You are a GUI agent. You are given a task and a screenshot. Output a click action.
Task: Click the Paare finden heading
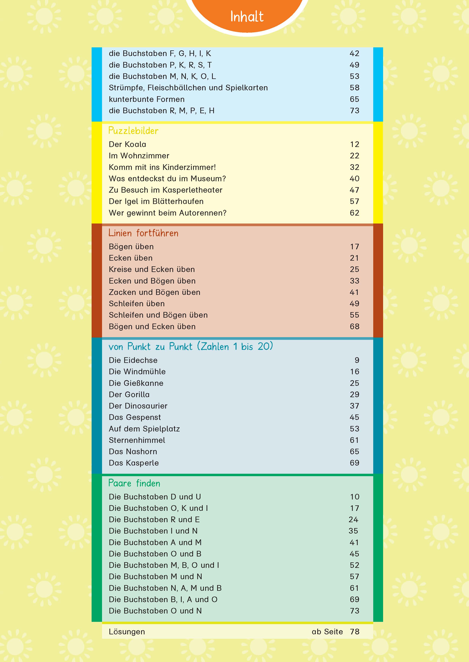coord(134,483)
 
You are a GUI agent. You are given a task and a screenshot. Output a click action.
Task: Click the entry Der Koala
coord(127,144)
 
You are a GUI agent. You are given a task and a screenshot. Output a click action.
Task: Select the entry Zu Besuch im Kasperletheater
coord(166,190)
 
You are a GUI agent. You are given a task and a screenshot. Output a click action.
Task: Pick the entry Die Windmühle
coord(137,371)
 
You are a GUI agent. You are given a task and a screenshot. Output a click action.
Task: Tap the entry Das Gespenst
coord(135,417)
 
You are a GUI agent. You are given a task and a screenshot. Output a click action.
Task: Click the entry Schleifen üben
coord(137,304)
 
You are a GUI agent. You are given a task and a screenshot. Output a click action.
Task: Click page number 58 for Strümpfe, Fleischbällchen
coord(354,88)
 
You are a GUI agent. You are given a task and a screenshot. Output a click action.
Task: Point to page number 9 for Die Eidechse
coord(357,360)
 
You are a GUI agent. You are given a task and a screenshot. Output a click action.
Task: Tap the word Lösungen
coord(127,632)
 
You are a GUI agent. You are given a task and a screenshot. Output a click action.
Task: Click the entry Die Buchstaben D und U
coord(155,497)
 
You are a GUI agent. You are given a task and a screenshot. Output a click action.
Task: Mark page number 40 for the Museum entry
coord(354,179)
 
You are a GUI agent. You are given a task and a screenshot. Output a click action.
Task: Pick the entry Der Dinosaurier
coord(138,406)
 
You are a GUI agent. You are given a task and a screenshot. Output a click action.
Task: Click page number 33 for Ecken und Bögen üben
coord(354,281)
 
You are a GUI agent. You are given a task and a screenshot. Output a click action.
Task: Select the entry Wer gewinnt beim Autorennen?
coord(167,213)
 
